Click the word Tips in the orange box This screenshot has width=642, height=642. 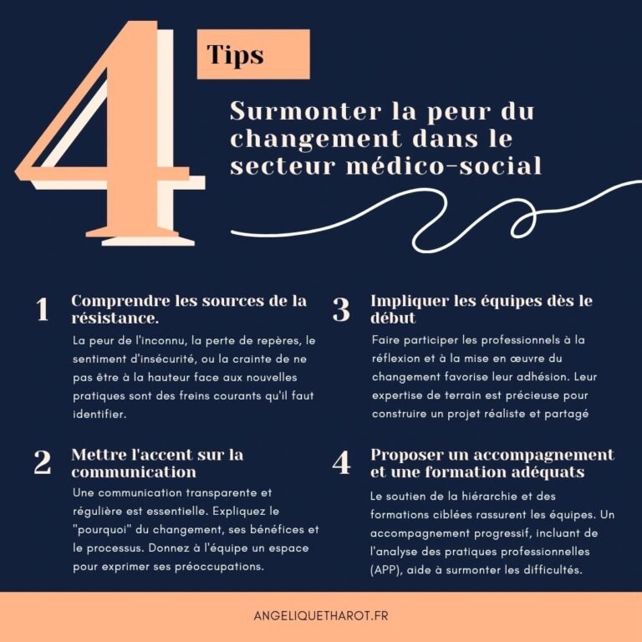pyautogui.click(x=235, y=54)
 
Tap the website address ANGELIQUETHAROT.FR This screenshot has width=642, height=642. pyautogui.click(x=321, y=616)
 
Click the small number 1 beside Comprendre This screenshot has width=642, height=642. pyautogui.click(x=42, y=309)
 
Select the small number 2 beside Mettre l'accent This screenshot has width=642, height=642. pyautogui.click(x=43, y=462)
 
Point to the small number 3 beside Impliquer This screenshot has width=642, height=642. pyautogui.click(x=341, y=309)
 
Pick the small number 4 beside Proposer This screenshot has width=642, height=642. pyautogui.click(x=341, y=462)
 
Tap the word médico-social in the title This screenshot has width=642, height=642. pyautogui.click(x=444, y=166)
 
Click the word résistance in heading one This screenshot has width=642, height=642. pyautogui.click(x=115, y=318)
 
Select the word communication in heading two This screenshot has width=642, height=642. pyautogui.click(x=134, y=472)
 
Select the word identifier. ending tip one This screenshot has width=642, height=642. pyautogui.click(x=99, y=414)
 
